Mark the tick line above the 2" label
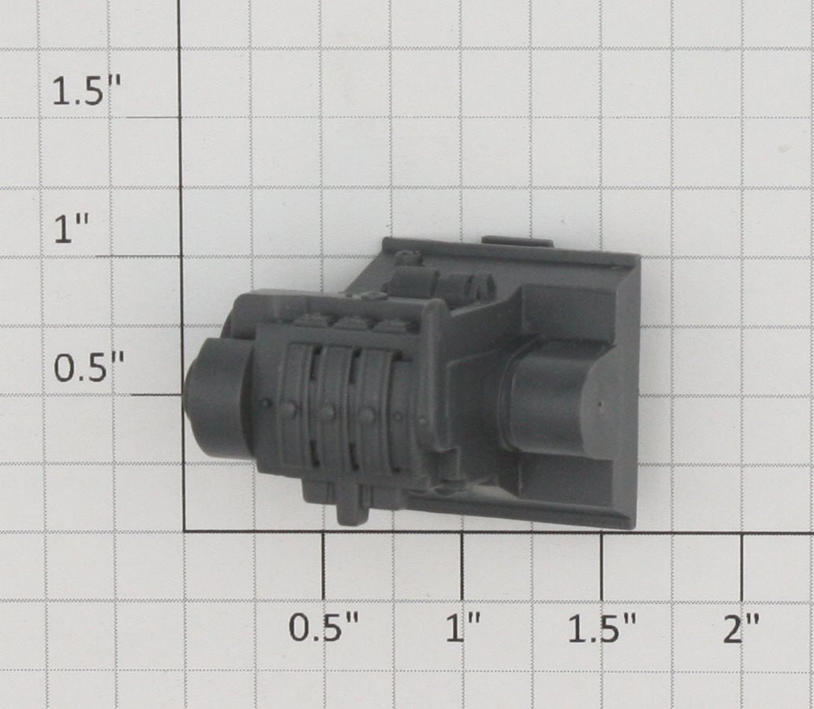[742, 565]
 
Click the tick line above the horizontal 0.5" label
[323, 565]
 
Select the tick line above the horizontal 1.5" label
[602, 565]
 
